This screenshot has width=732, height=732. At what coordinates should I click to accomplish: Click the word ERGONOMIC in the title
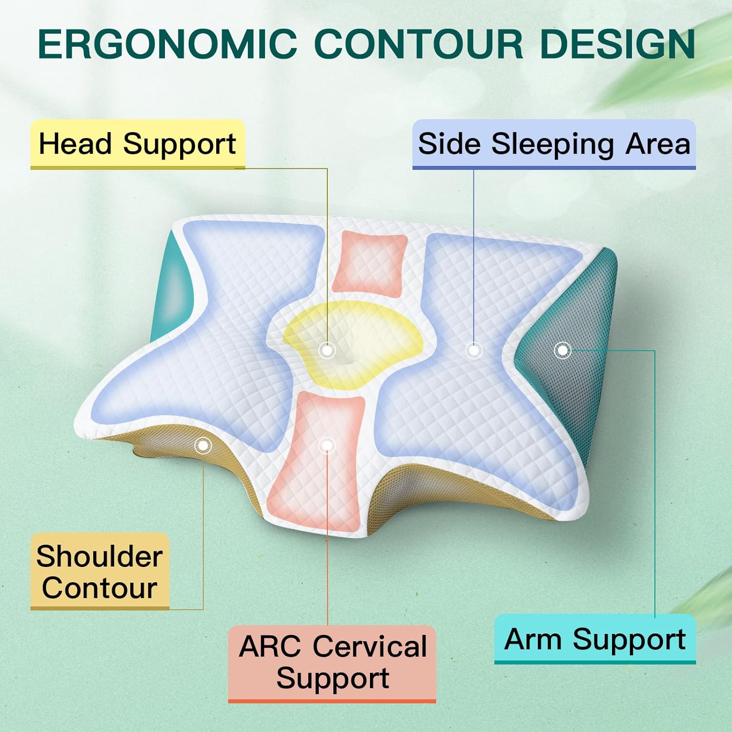(167, 44)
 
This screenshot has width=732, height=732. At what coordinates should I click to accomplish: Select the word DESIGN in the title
(617, 44)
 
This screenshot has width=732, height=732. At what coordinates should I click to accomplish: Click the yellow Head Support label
(138, 144)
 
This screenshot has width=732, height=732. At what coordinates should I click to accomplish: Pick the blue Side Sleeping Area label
(554, 144)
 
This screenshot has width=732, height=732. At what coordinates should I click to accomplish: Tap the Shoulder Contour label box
(100, 571)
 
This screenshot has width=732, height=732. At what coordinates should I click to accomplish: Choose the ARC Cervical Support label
(332, 663)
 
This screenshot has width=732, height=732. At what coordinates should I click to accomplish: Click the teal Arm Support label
(595, 639)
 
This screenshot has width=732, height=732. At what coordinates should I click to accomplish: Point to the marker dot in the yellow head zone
(326, 350)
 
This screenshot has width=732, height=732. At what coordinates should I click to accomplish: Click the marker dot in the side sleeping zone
(473, 350)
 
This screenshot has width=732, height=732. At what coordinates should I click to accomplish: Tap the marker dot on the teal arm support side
(563, 350)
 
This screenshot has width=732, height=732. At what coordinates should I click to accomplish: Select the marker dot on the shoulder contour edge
(203, 445)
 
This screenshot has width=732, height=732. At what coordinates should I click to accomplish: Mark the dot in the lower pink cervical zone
(326, 445)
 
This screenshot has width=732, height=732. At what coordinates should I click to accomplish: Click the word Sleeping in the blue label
(552, 144)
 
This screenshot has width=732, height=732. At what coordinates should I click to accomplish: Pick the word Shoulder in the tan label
(100, 556)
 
